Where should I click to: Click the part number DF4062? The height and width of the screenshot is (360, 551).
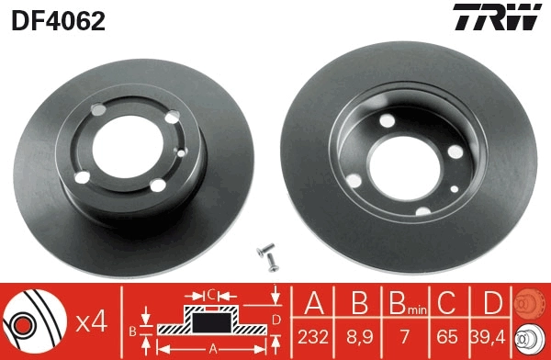(58, 19)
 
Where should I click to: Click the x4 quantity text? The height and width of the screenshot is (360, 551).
(91, 322)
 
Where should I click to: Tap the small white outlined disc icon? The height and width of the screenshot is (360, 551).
(530, 339)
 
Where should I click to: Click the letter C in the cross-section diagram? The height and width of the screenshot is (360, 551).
(209, 295)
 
